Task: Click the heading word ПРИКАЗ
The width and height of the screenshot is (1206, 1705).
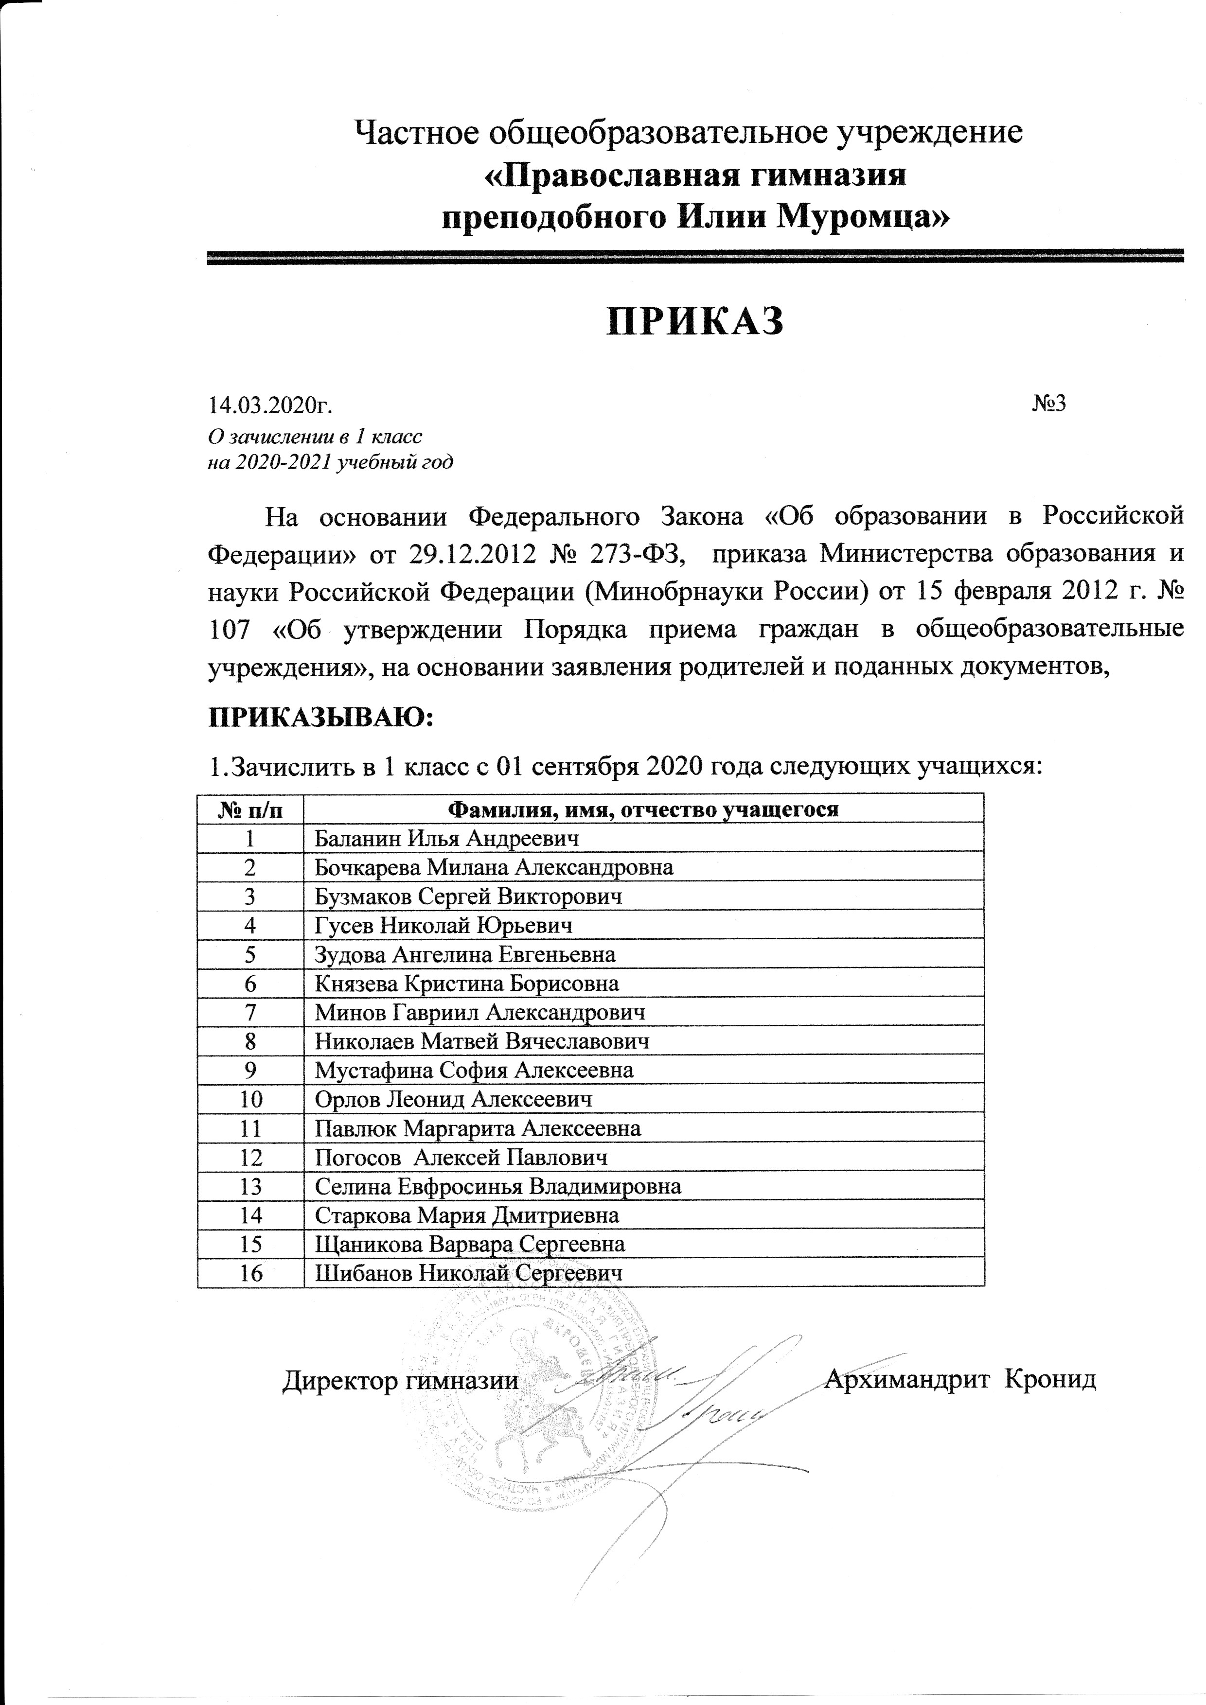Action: tap(695, 321)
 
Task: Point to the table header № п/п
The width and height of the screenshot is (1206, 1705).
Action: tap(250, 809)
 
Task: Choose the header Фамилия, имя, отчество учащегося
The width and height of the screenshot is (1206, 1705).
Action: tap(645, 809)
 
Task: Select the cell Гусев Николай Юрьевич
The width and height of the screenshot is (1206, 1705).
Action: tap(443, 925)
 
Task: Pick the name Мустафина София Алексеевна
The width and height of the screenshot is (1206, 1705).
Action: tap(474, 1070)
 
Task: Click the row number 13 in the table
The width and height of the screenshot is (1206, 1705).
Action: tap(251, 1186)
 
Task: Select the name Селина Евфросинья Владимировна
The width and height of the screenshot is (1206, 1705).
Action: tap(497, 1186)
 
